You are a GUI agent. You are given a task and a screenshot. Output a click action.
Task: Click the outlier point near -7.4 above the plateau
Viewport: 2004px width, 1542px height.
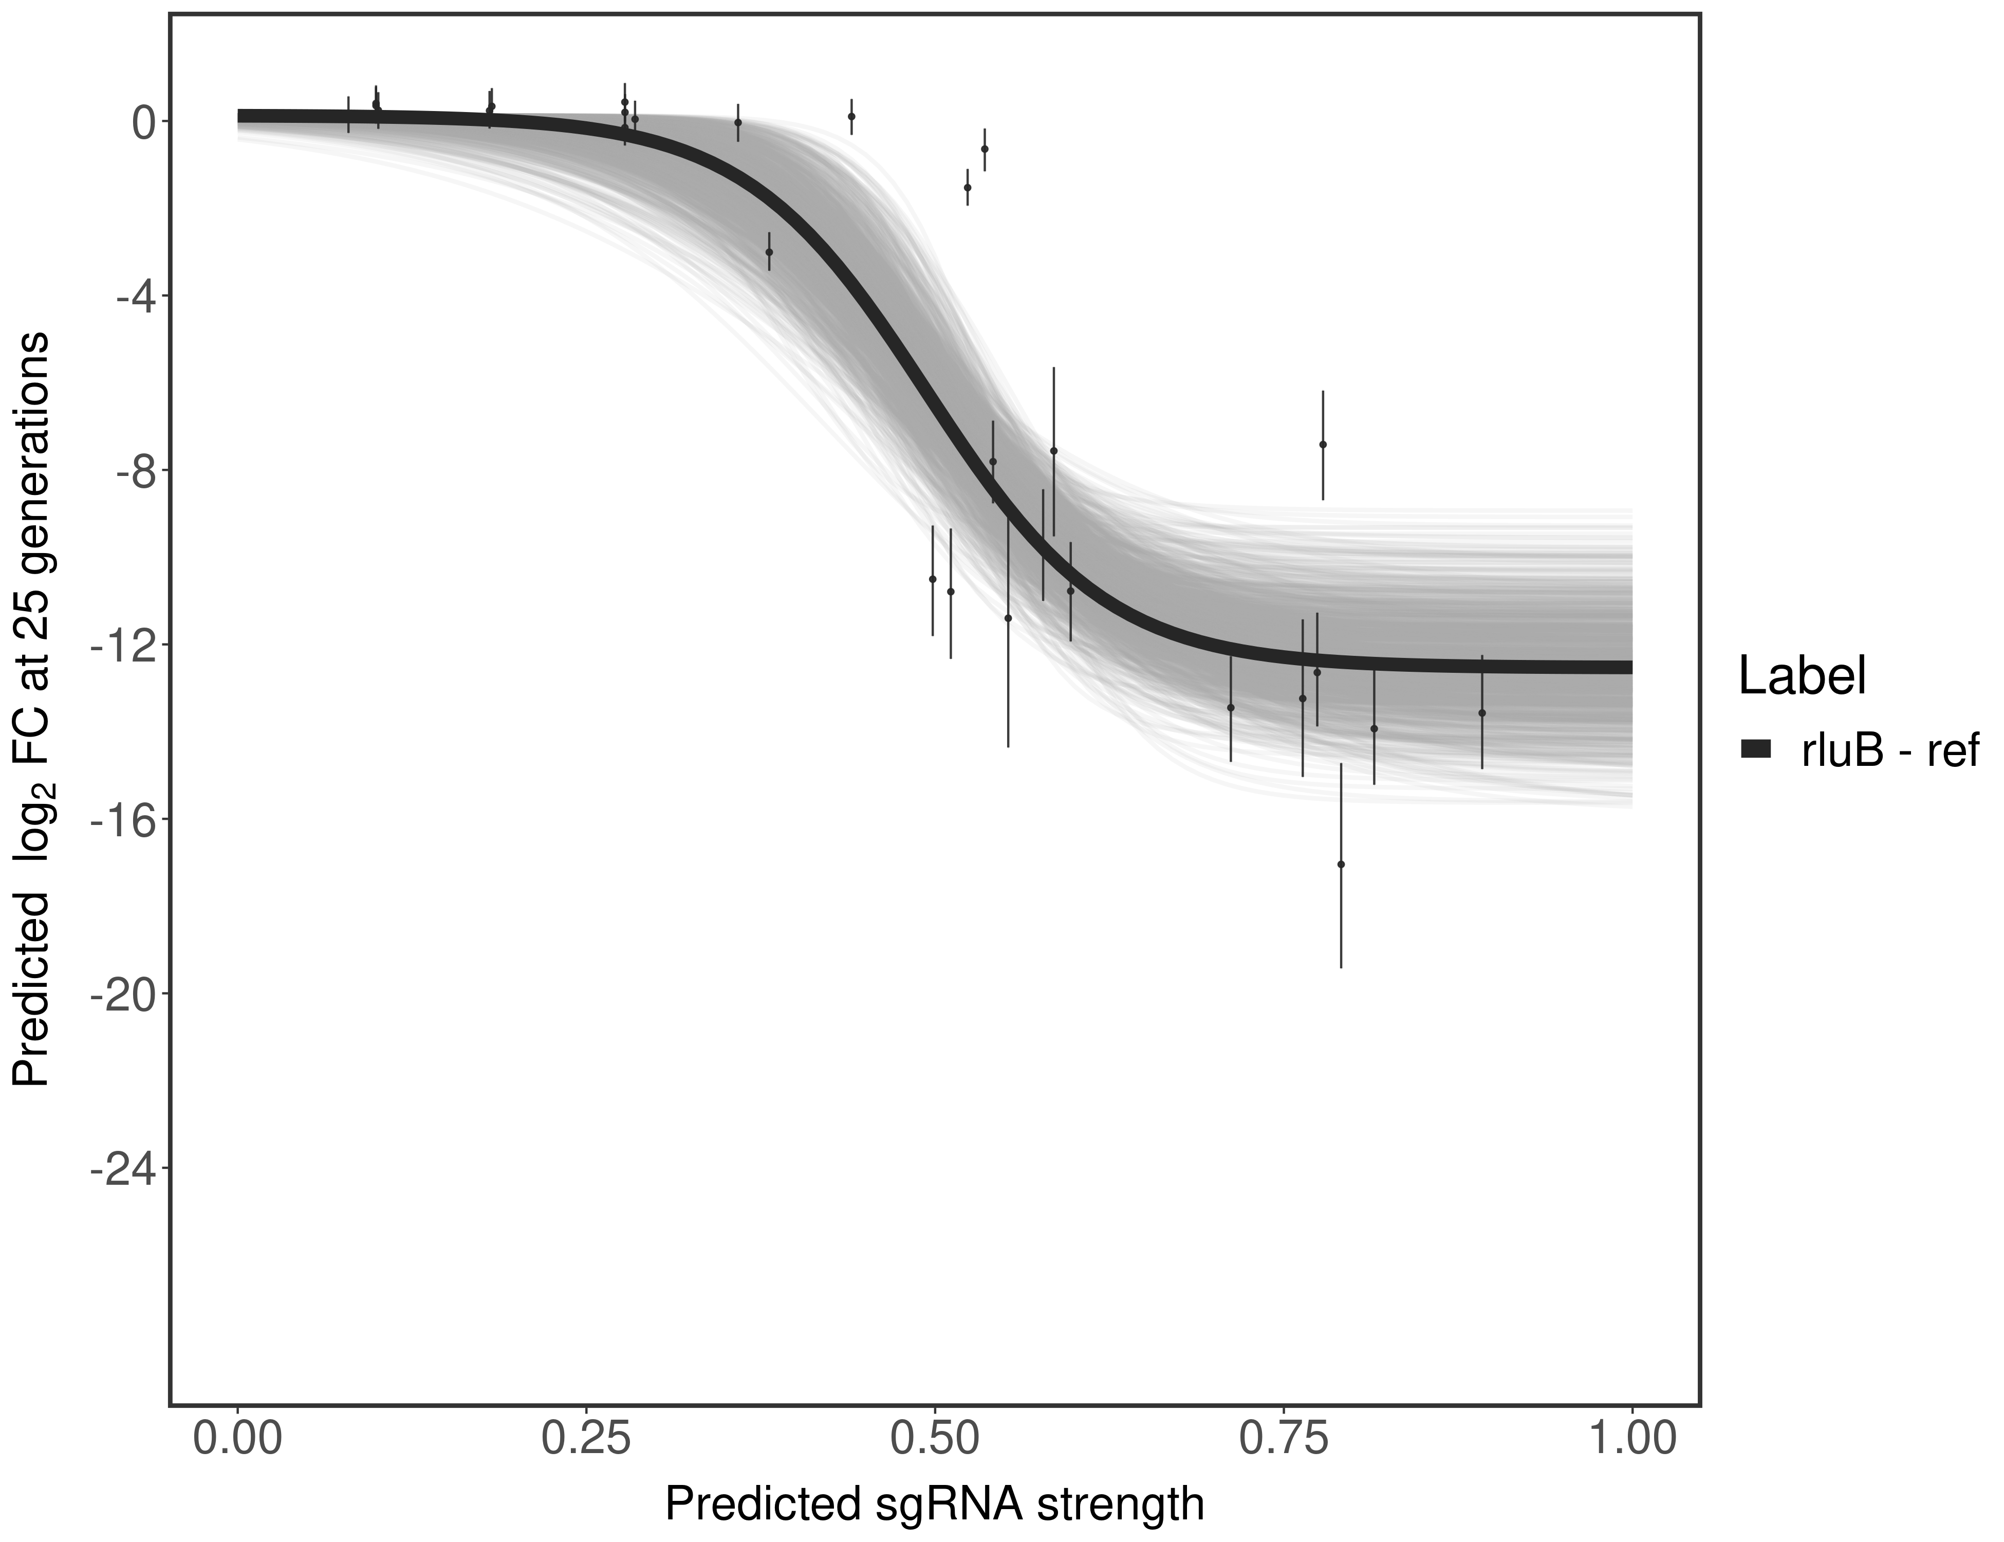[1322, 444]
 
